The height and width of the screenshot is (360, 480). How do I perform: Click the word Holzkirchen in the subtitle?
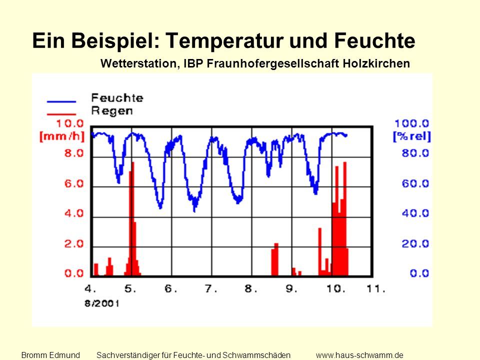pyautogui.click(x=376, y=63)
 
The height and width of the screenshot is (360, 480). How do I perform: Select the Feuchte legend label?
pyautogui.click(x=117, y=98)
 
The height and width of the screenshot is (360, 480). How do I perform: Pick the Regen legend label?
pyautogui.click(x=112, y=111)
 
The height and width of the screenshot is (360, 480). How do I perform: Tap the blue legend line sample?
pyautogui.click(x=61, y=101)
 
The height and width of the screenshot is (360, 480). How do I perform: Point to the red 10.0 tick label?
pyautogui.click(x=70, y=123)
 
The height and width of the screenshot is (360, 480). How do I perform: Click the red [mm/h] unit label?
pyautogui.click(x=62, y=136)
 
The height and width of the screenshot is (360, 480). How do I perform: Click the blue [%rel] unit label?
pyautogui.click(x=412, y=136)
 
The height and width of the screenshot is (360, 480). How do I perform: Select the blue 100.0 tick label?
pyautogui.click(x=411, y=123)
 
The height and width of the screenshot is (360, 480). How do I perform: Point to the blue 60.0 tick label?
pyautogui.click(x=415, y=183)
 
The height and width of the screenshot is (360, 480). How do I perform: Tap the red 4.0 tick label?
pyautogui.click(x=74, y=213)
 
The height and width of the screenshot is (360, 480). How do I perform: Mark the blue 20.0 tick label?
pyautogui.click(x=415, y=244)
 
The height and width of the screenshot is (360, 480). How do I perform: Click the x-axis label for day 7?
pyautogui.click(x=211, y=288)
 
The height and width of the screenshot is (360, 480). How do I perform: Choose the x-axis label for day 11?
pyautogui.click(x=376, y=288)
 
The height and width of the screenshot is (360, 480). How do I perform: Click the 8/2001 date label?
pyautogui.click(x=102, y=303)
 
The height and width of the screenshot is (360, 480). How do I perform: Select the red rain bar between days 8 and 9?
pyautogui.click(x=275, y=259)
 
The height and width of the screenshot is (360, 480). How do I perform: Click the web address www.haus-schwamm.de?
pyautogui.click(x=359, y=355)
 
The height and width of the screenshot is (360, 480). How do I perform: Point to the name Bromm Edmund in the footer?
pyautogui.click(x=50, y=355)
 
